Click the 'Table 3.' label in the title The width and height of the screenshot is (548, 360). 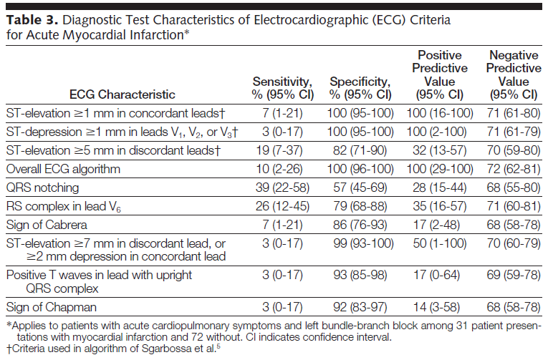[x=32, y=20]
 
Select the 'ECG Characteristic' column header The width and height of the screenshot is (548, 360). [x=122, y=94]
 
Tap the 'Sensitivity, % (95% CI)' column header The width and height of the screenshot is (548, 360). [x=282, y=88]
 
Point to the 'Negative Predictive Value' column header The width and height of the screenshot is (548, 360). [x=514, y=74]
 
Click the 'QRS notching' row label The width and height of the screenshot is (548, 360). [x=43, y=188]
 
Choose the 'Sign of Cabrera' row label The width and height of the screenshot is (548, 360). [x=47, y=225]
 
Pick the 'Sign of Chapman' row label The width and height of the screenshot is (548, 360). [x=52, y=307]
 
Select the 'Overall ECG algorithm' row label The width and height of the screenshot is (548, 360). [x=63, y=170]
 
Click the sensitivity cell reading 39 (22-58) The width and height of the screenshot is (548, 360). [x=282, y=188]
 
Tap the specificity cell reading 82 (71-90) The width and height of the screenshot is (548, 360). [x=360, y=150]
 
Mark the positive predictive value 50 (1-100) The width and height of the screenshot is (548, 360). [x=440, y=243]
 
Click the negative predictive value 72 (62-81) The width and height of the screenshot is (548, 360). [x=514, y=170]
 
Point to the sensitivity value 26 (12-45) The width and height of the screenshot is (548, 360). [x=282, y=206]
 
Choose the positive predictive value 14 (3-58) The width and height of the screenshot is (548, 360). [x=436, y=307]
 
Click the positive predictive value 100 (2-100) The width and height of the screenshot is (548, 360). [x=436, y=132]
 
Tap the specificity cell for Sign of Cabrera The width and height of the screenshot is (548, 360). [x=360, y=225]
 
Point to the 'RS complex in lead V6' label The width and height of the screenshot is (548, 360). [x=64, y=207]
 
